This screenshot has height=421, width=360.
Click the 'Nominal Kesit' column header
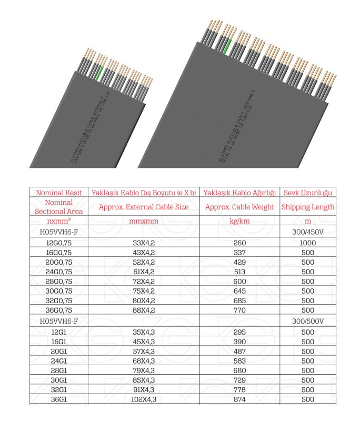58,193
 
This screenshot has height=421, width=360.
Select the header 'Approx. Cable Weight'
240,207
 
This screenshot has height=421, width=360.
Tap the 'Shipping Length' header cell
308,207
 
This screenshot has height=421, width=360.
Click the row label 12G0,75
58,243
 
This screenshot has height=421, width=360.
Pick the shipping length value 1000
308,243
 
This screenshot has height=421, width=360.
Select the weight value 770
240,310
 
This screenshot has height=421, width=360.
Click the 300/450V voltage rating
308,232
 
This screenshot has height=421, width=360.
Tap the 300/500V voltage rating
308,321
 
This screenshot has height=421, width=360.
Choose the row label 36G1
58,399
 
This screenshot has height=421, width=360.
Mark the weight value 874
240,399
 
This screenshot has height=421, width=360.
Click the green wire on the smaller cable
98,72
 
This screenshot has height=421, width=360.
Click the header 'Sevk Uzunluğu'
308,193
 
